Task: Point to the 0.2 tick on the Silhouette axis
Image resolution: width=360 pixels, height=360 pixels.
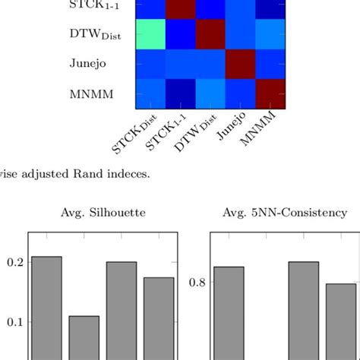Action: pyautogui.click(x=14, y=262)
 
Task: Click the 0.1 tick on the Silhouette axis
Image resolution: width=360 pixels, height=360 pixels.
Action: pyautogui.click(x=14, y=322)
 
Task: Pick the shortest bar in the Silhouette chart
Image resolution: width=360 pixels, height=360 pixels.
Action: pyautogui.click(x=84, y=337)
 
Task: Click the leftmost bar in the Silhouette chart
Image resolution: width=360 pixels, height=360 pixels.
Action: pyautogui.click(x=47, y=308)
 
